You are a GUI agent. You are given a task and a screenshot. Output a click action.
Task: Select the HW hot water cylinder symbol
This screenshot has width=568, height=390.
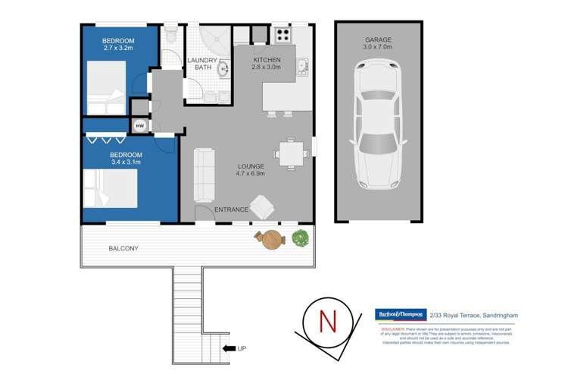[x=140, y=126]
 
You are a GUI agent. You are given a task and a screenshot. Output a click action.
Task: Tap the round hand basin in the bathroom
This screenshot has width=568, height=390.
[x=223, y=70]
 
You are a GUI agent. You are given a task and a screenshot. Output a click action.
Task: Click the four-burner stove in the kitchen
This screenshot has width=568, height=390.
[x=282, y=35]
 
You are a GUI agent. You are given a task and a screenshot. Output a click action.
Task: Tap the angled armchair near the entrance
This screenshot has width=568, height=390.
[x=263, y=206]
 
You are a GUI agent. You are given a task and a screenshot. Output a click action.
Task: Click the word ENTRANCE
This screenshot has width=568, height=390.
[x=232, y=209]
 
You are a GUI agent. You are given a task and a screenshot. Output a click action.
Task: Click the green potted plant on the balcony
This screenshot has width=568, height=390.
[x=301, y=238]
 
